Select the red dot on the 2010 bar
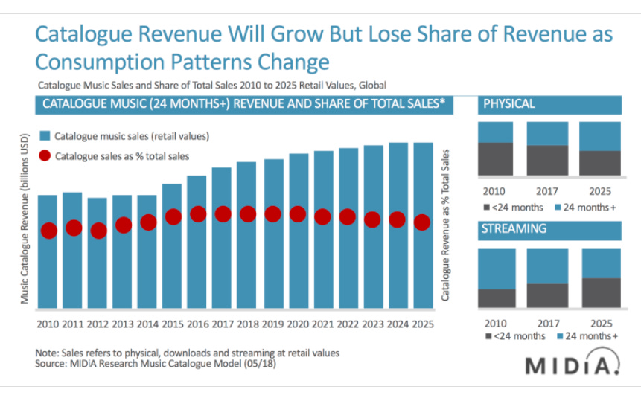coord(48,231)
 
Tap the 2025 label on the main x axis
coord(422,324)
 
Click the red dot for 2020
coord(298,214)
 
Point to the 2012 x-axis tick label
coord(98,324)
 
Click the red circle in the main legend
coord(44,156)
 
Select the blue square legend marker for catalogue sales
coord(45,136)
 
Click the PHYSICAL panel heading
coord(509,103)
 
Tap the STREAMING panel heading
coord(514,228)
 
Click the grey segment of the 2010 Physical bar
coord(495,158)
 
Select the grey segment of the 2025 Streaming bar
coord(601,292)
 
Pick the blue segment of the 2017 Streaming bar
coord(547,266)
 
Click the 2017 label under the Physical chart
coord(547,190)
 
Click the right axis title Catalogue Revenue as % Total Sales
coord(445,224)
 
